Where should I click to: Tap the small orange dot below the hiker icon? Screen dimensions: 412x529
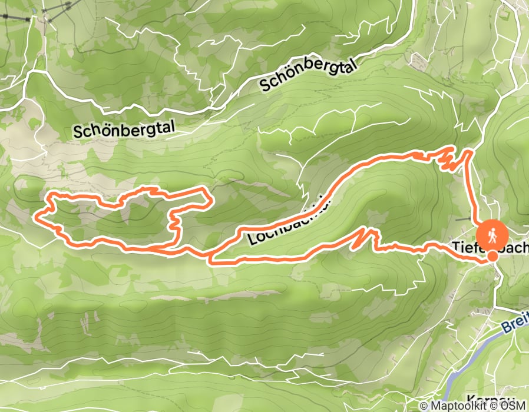point(492,256)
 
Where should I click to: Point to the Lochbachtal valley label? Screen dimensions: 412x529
point(289,221)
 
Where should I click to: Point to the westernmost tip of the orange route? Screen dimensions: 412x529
point(37,218)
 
